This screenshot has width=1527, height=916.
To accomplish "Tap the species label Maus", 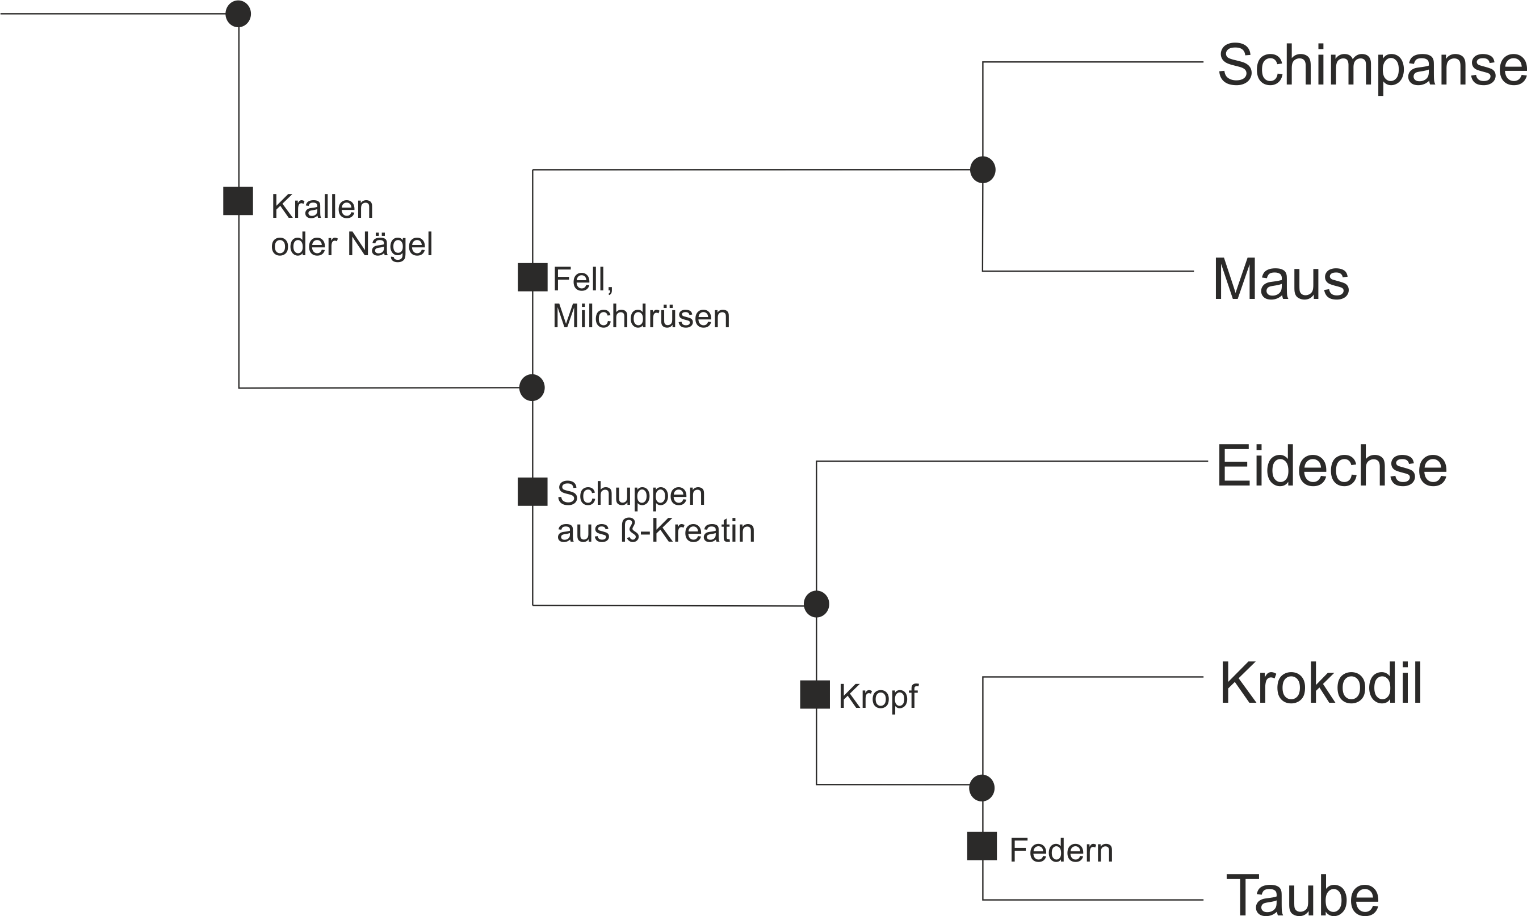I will coord(1280,280).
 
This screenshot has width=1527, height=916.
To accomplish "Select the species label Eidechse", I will coord(1332,467).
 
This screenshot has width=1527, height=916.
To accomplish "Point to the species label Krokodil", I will coord(1322,684).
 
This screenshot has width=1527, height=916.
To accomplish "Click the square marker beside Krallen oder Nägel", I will coord(238,201).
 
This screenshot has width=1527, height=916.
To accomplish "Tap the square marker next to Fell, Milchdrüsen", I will coord(532,277).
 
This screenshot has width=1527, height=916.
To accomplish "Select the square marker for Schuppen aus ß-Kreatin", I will coord(532,491).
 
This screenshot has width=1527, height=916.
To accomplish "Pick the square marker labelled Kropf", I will coord(815,694).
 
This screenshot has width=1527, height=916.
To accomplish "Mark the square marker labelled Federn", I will coord(981,846).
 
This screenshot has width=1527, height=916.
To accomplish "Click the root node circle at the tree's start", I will coord(238,14).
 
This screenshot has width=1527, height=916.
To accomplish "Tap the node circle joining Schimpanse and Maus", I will coord(982,170).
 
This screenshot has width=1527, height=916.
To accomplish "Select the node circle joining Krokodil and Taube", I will coord(981,788).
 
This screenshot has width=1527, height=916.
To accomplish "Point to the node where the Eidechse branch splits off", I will coord(816,603).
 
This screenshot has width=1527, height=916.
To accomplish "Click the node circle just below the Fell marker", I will coord(532,387).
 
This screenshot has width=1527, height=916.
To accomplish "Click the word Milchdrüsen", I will coord(641,316).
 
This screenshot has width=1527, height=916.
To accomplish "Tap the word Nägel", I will coord(389,245).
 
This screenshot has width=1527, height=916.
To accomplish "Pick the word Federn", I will coord(1062,851).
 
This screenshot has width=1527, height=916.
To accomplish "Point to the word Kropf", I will coord(878,698).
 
